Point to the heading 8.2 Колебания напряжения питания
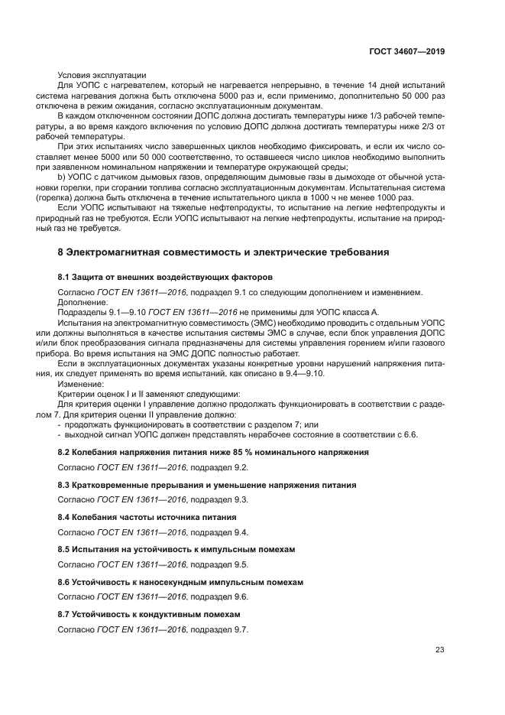pyautogui.click(x=213, y=453)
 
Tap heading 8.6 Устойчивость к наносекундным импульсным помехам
pyautogui.click(x=180, y=582)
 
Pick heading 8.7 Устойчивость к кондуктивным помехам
pyautogui.click(x=149, y=614)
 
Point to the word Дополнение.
pyautogui.click(x=83, y=302)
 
